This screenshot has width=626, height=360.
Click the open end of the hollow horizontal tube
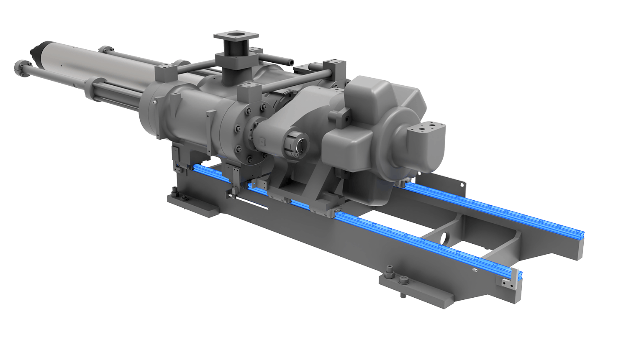(x=288, y=61)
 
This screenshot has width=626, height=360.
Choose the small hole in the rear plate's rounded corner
(x=464, y=182)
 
